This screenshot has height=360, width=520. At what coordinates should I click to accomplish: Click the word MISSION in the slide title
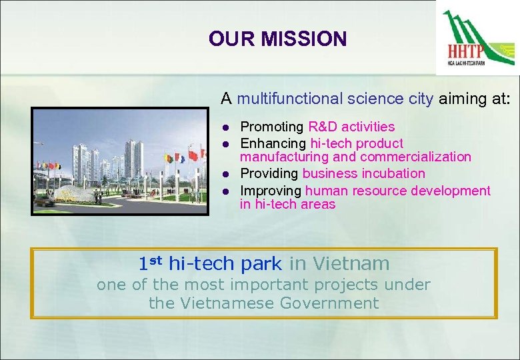click(x=304, y=39)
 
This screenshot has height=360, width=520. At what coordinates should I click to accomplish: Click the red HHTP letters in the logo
click(x=466, y=52)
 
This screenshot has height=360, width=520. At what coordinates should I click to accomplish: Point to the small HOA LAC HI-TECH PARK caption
click(x=467, y=63)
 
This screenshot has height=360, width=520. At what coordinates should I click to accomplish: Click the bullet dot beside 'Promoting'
click(x=226, y=127)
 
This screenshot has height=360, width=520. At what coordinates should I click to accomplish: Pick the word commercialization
click(x=415, y=157)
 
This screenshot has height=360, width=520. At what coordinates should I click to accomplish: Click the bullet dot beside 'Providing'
click(x=226, y=174)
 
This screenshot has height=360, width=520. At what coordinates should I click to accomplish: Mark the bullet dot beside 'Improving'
click(x=226, y=191)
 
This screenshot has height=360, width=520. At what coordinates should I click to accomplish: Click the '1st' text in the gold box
click(x=151, y=263)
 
